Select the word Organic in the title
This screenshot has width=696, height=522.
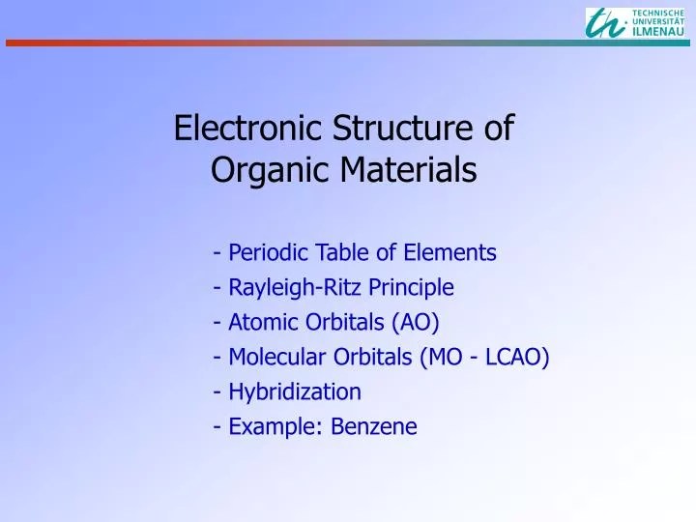[254, 171]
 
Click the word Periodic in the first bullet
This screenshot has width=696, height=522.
[266, 253]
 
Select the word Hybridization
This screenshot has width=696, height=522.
[294, 392]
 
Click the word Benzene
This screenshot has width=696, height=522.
[374, 427]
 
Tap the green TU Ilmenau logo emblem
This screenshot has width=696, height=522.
[606, 22]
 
